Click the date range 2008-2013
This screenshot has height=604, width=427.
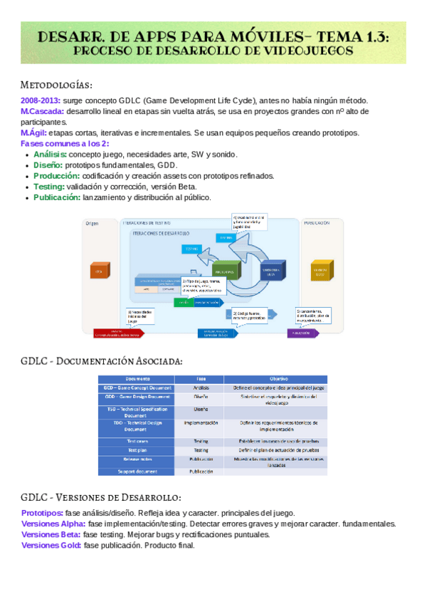(x=41, y=101)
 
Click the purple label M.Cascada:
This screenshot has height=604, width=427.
(x=42, y=112)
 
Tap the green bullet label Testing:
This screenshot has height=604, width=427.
(x=49, y=187)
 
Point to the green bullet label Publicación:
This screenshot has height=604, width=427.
(x=57, y=197)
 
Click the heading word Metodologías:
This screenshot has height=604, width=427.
(x=57, y=84)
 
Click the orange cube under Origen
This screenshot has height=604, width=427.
(x=98, y=271)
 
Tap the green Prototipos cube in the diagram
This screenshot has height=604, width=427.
(x=226, y=271)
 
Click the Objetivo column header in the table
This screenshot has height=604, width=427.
(x=278, y=378)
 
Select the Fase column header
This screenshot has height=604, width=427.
(x=201, y=378)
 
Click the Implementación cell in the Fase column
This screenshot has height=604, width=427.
(x=201, y=423)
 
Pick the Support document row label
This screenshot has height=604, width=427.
(x=137, y=472)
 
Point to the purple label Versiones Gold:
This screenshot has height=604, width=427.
(x=51, y=545)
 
